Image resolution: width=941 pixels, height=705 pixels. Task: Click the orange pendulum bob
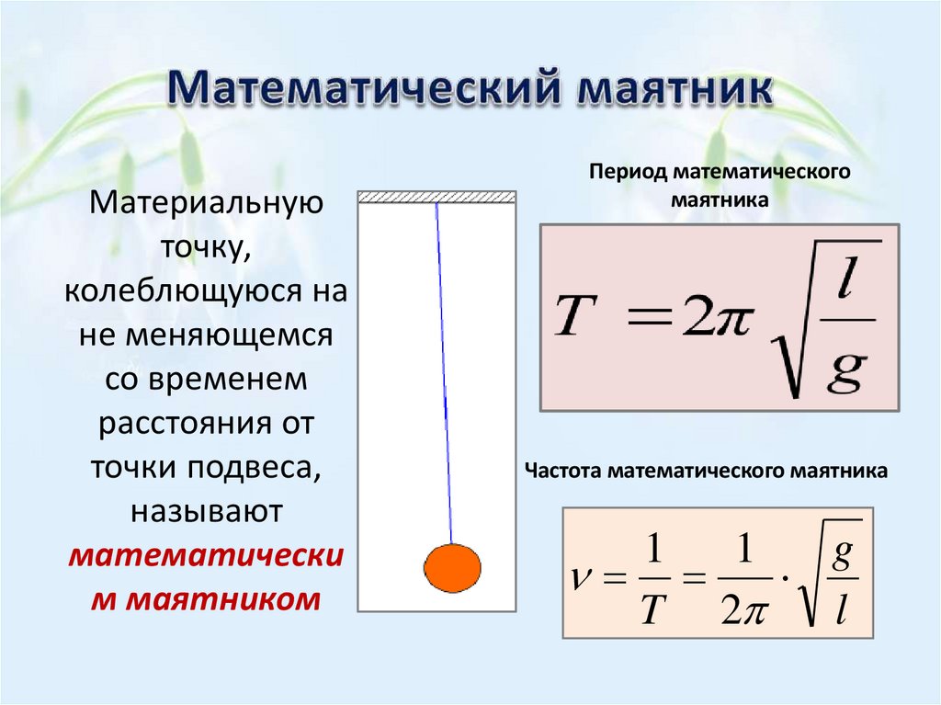[452, 568]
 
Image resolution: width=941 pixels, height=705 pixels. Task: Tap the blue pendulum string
[444, 368]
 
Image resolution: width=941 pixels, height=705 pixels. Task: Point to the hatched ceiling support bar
[436, 197]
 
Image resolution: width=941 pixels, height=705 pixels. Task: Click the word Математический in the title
[364, 93]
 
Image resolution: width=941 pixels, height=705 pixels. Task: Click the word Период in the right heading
[629, 173]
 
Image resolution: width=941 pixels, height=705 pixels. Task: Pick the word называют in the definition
[204, 511]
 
